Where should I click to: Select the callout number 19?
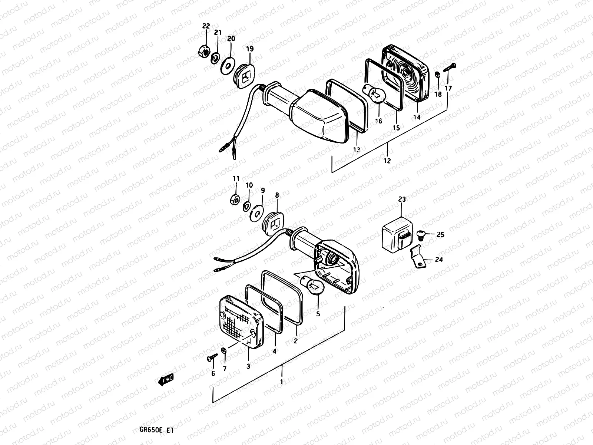[x=249, y=49]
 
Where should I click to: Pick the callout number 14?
[x=417, y=117]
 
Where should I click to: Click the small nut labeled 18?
[x=437, y=75]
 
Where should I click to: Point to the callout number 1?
[x=282, y=382]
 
